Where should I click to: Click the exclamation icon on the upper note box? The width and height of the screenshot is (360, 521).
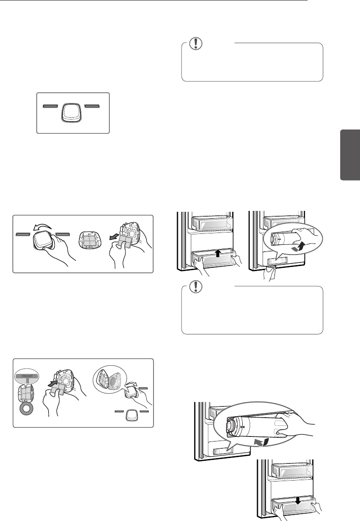(x=195, y=43)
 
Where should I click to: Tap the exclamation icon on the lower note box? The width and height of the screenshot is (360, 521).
(x=195, y=286)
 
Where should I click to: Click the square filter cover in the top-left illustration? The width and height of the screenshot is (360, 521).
(x=73, y=112)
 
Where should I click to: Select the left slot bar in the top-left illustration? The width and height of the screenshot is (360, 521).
(x=51, y=106)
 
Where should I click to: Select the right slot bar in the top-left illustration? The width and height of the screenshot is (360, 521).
(x=93, y=106)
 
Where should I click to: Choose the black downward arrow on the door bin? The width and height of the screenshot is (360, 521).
(x=298, y=500)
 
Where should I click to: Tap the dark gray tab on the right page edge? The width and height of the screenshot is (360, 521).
(x=350, y=155)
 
